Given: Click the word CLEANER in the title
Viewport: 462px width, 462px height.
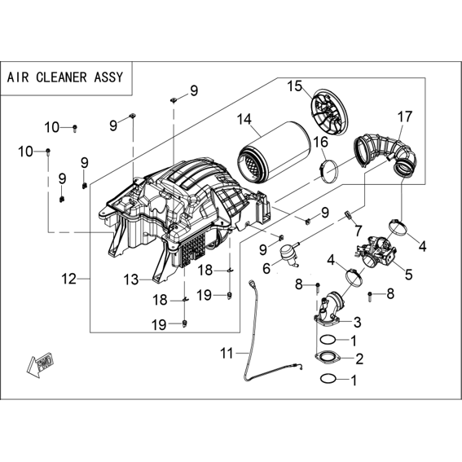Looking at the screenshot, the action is pyautogui.click(x=61, y=77).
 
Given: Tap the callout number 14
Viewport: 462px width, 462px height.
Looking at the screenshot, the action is pyautogui.click(x=244, y=119).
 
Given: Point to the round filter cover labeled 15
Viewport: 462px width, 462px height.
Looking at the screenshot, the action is pyautogui.click(x=329, y=115).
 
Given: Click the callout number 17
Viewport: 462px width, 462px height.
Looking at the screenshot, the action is pyautogui.click(x=405, y=117).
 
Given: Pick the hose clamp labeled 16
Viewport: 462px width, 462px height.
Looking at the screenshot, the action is pyautogui.click(x=328, y=172).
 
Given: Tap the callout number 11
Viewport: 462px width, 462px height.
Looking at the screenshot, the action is pyautogui.click(x=227, y=354).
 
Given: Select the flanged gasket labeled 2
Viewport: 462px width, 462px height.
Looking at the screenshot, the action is pyautogui.click(x=328, y=357).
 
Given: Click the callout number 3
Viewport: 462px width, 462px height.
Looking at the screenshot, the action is pyautogui.click(x=357, y=322).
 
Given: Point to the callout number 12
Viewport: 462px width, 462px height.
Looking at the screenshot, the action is pyautogui.click(x=69, y=279).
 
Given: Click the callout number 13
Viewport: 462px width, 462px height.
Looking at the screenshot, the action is pyautogui.click(x=131, y=279).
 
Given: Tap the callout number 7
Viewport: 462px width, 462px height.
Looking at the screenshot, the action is pyautogui.click(x=358, y=231).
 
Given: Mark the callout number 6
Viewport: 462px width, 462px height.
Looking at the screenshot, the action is pyautogui.click(x=266, y=268).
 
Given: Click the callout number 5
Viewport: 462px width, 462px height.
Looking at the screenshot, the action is pyautogui.click(x=409, y=275).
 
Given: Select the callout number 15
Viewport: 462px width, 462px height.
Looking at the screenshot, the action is pyautogui.click(x=295, y=86).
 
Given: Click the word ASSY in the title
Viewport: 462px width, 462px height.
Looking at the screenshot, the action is pyautogui.click(x=108, y=77).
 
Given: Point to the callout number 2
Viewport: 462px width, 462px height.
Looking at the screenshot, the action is pyautogui.click(x=359, y=359).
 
